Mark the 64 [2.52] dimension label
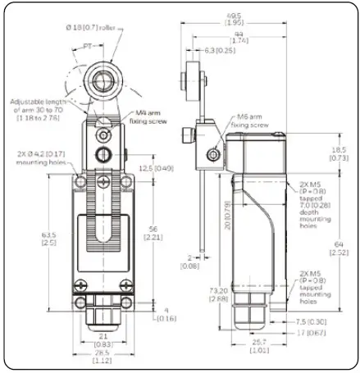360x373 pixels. click(339, 246)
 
